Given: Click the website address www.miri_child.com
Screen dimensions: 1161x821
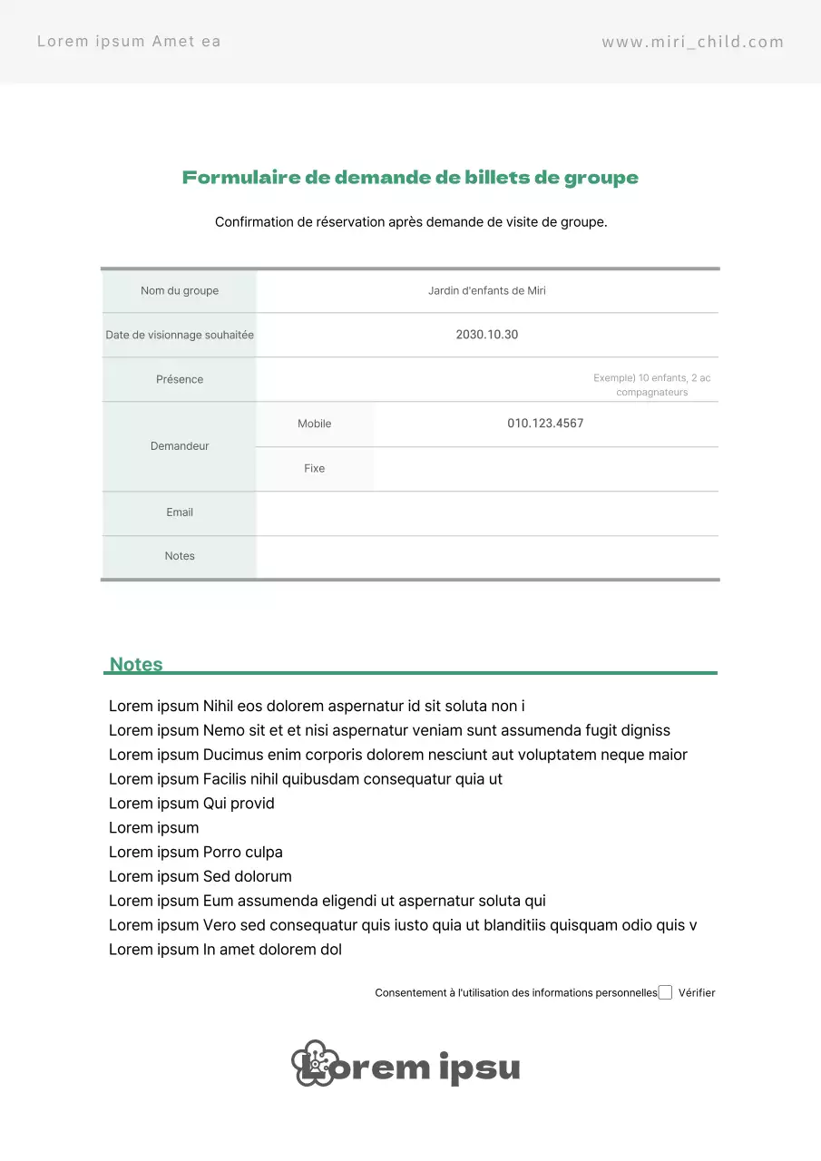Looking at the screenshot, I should point(692,42).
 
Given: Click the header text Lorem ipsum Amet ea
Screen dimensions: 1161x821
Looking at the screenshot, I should point(129,41).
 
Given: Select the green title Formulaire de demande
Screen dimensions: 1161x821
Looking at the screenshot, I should point(410,178).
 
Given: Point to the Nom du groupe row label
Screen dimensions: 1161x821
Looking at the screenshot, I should point(180,291).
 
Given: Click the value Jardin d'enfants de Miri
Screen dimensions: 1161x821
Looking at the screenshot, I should point(487,291).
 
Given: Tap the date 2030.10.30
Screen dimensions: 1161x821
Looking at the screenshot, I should point(487,335).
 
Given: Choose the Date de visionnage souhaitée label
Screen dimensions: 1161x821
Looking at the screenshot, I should point(180,335).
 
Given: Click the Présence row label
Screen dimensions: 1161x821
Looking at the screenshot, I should point(180,379).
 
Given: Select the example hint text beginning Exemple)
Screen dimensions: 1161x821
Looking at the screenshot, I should point(651,385).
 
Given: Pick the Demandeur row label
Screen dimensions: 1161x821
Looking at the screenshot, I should point(180,446).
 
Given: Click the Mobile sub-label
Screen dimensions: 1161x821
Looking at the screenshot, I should point(315,424).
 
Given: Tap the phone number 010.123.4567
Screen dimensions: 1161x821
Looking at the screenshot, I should point(545,424).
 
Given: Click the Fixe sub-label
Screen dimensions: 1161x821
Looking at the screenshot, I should point(315,468).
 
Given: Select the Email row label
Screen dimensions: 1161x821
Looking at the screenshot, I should point(180,512).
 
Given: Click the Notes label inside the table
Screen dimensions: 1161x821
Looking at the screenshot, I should point(180,556).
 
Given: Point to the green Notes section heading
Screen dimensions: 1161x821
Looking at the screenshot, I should point(136,664).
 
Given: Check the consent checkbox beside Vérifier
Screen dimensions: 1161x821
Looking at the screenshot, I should point(665,992).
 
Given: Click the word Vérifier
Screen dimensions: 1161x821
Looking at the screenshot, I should point(697,993).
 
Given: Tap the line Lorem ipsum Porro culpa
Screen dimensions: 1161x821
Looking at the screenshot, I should point(196,852).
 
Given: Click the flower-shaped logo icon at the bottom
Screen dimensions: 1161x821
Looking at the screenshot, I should point(314,1063).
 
